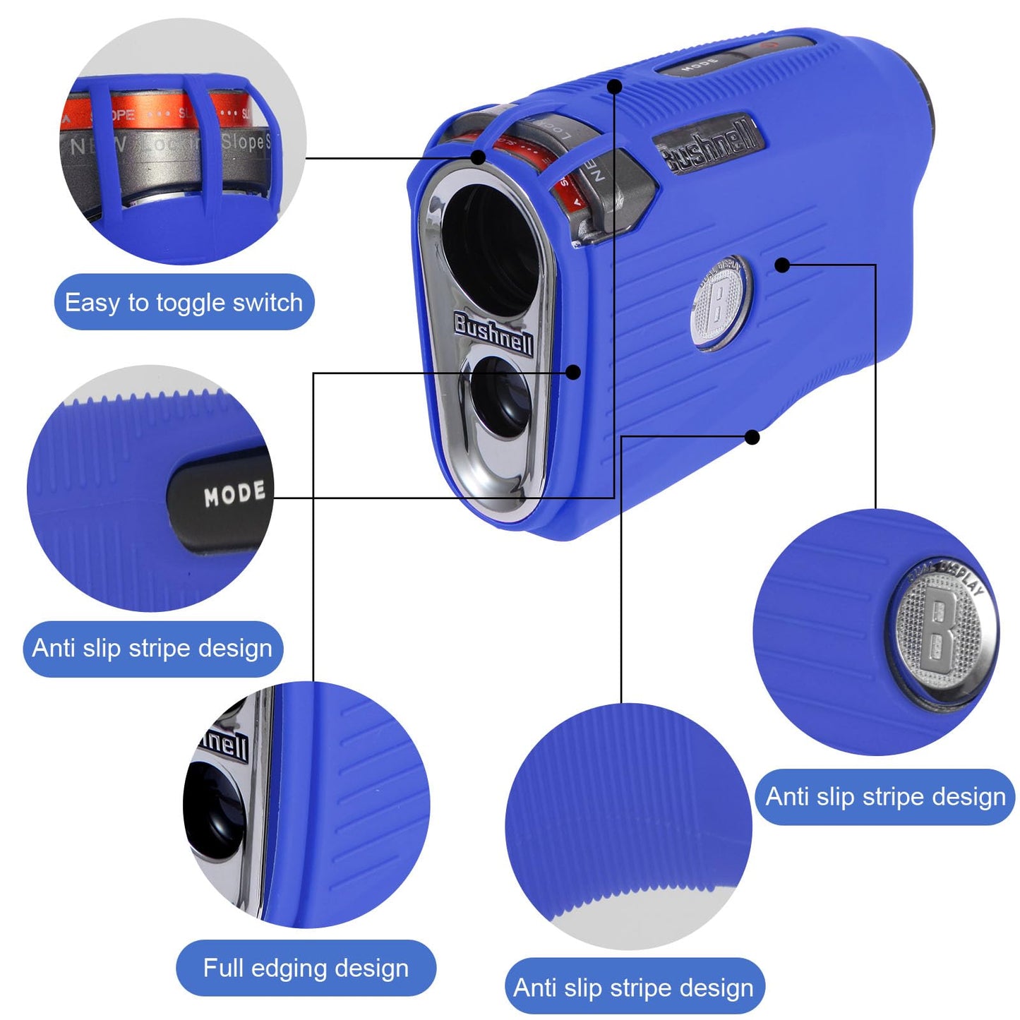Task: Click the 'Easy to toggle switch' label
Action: tap(184, 302)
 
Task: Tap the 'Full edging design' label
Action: tap(306, 968)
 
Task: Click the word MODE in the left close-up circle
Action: tap(234, 494)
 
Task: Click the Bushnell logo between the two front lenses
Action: tap(493, 332)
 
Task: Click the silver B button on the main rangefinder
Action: tap(719, 304)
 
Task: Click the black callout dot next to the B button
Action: tap(782, 265)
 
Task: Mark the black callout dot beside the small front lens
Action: tap(573, 372)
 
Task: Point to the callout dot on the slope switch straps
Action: tap(478, 157)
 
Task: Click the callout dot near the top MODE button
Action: tap(615, 86)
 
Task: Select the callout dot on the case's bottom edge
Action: tap(752, 437)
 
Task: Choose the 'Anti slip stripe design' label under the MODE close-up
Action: tap(152, 648)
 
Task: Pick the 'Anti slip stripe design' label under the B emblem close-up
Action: tap(885, 796)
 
